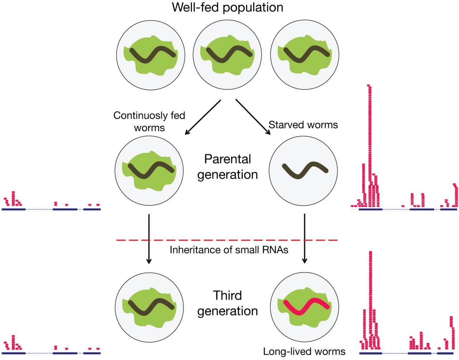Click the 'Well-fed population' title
[227, 7]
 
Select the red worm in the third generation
[306, 304]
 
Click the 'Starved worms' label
[303, 124]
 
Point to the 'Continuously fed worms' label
[149, 121]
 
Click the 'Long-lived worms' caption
[304, 351]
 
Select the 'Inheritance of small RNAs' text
[229, 250]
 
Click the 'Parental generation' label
[227, 167]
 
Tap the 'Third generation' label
[227, 303]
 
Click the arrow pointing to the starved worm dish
[253, 117]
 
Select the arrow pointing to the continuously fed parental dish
[203, 118]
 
